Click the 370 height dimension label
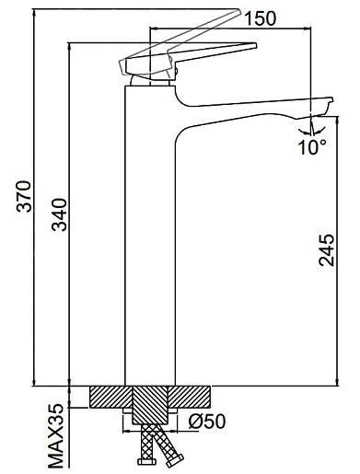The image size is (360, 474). click(x=24, y=196)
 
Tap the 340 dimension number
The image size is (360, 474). click(x=59, y=214)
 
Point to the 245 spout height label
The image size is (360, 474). click(x=326, y=250)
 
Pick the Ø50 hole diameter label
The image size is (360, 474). click(x=207, y=422)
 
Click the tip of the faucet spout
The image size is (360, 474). click(x=331, y=98)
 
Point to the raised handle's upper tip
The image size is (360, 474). click(x=238, y=10)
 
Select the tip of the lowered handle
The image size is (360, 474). click(x=255, y=45)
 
